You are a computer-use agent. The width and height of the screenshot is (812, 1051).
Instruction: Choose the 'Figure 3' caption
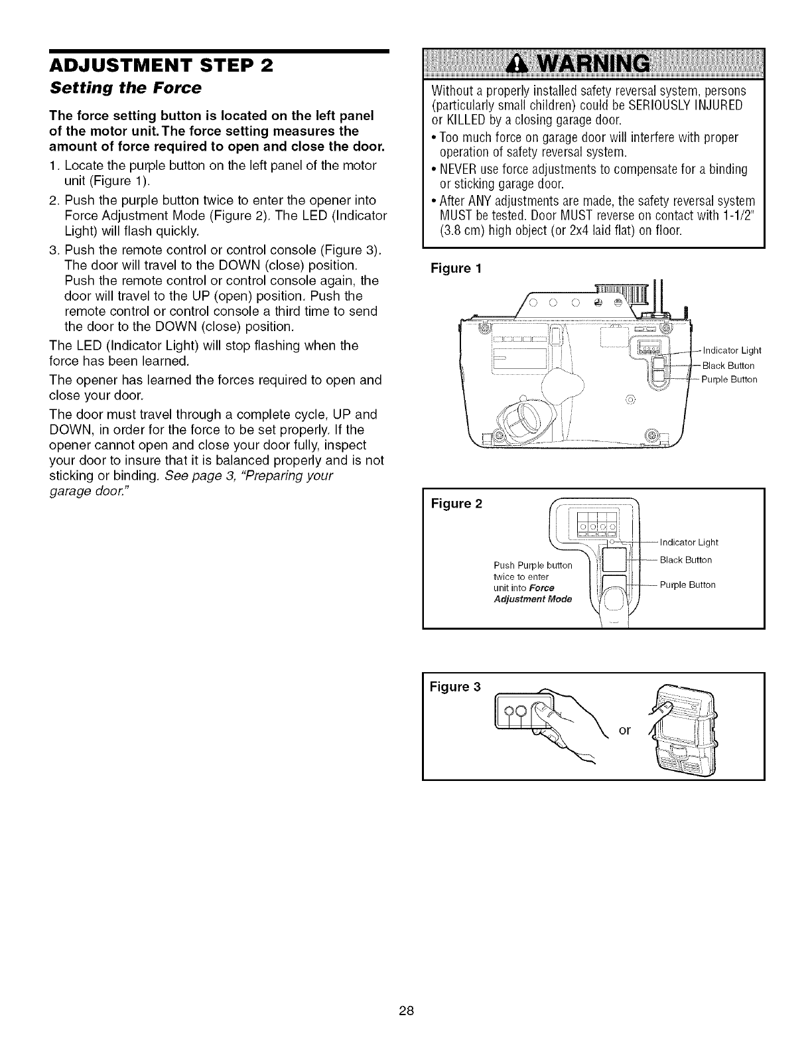(457, 685)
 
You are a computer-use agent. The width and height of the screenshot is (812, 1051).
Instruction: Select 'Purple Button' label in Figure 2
(687, 585)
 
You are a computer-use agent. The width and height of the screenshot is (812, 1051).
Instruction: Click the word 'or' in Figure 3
(624, 731)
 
